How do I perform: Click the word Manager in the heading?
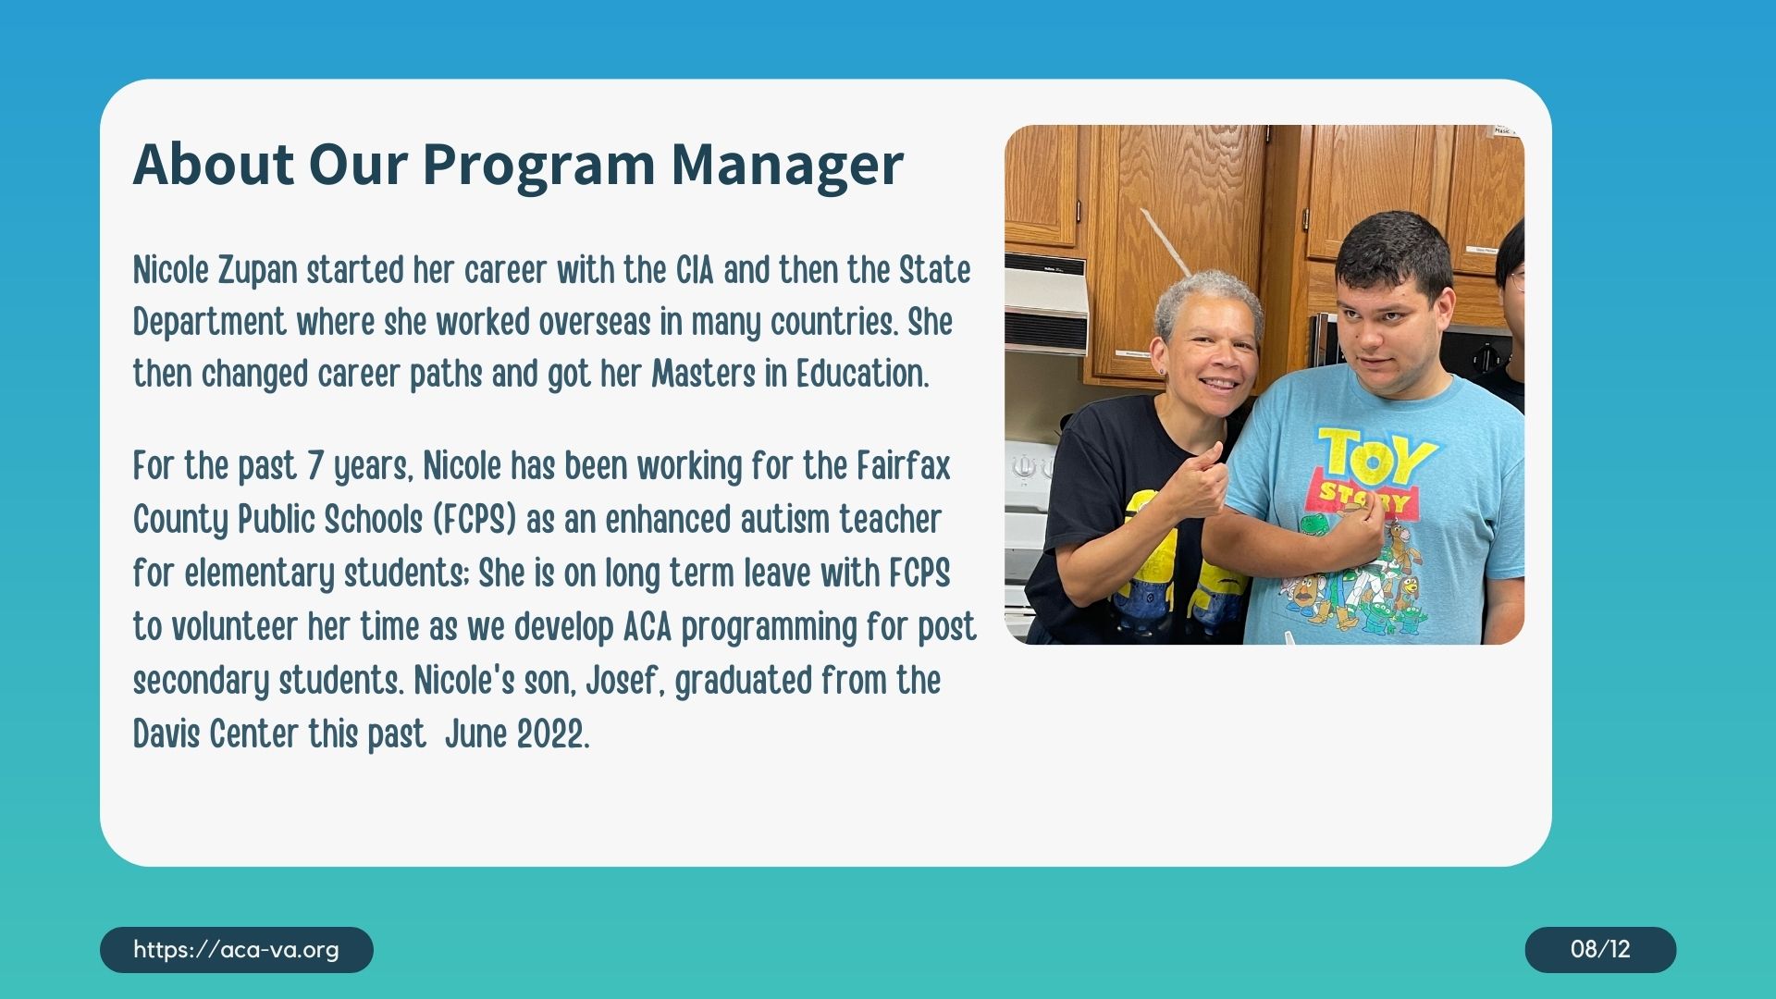786,166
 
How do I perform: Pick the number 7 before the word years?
314,466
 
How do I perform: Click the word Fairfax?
903,466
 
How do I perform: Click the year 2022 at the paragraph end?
552,734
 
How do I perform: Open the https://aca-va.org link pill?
236,949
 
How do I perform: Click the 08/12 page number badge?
1600,949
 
